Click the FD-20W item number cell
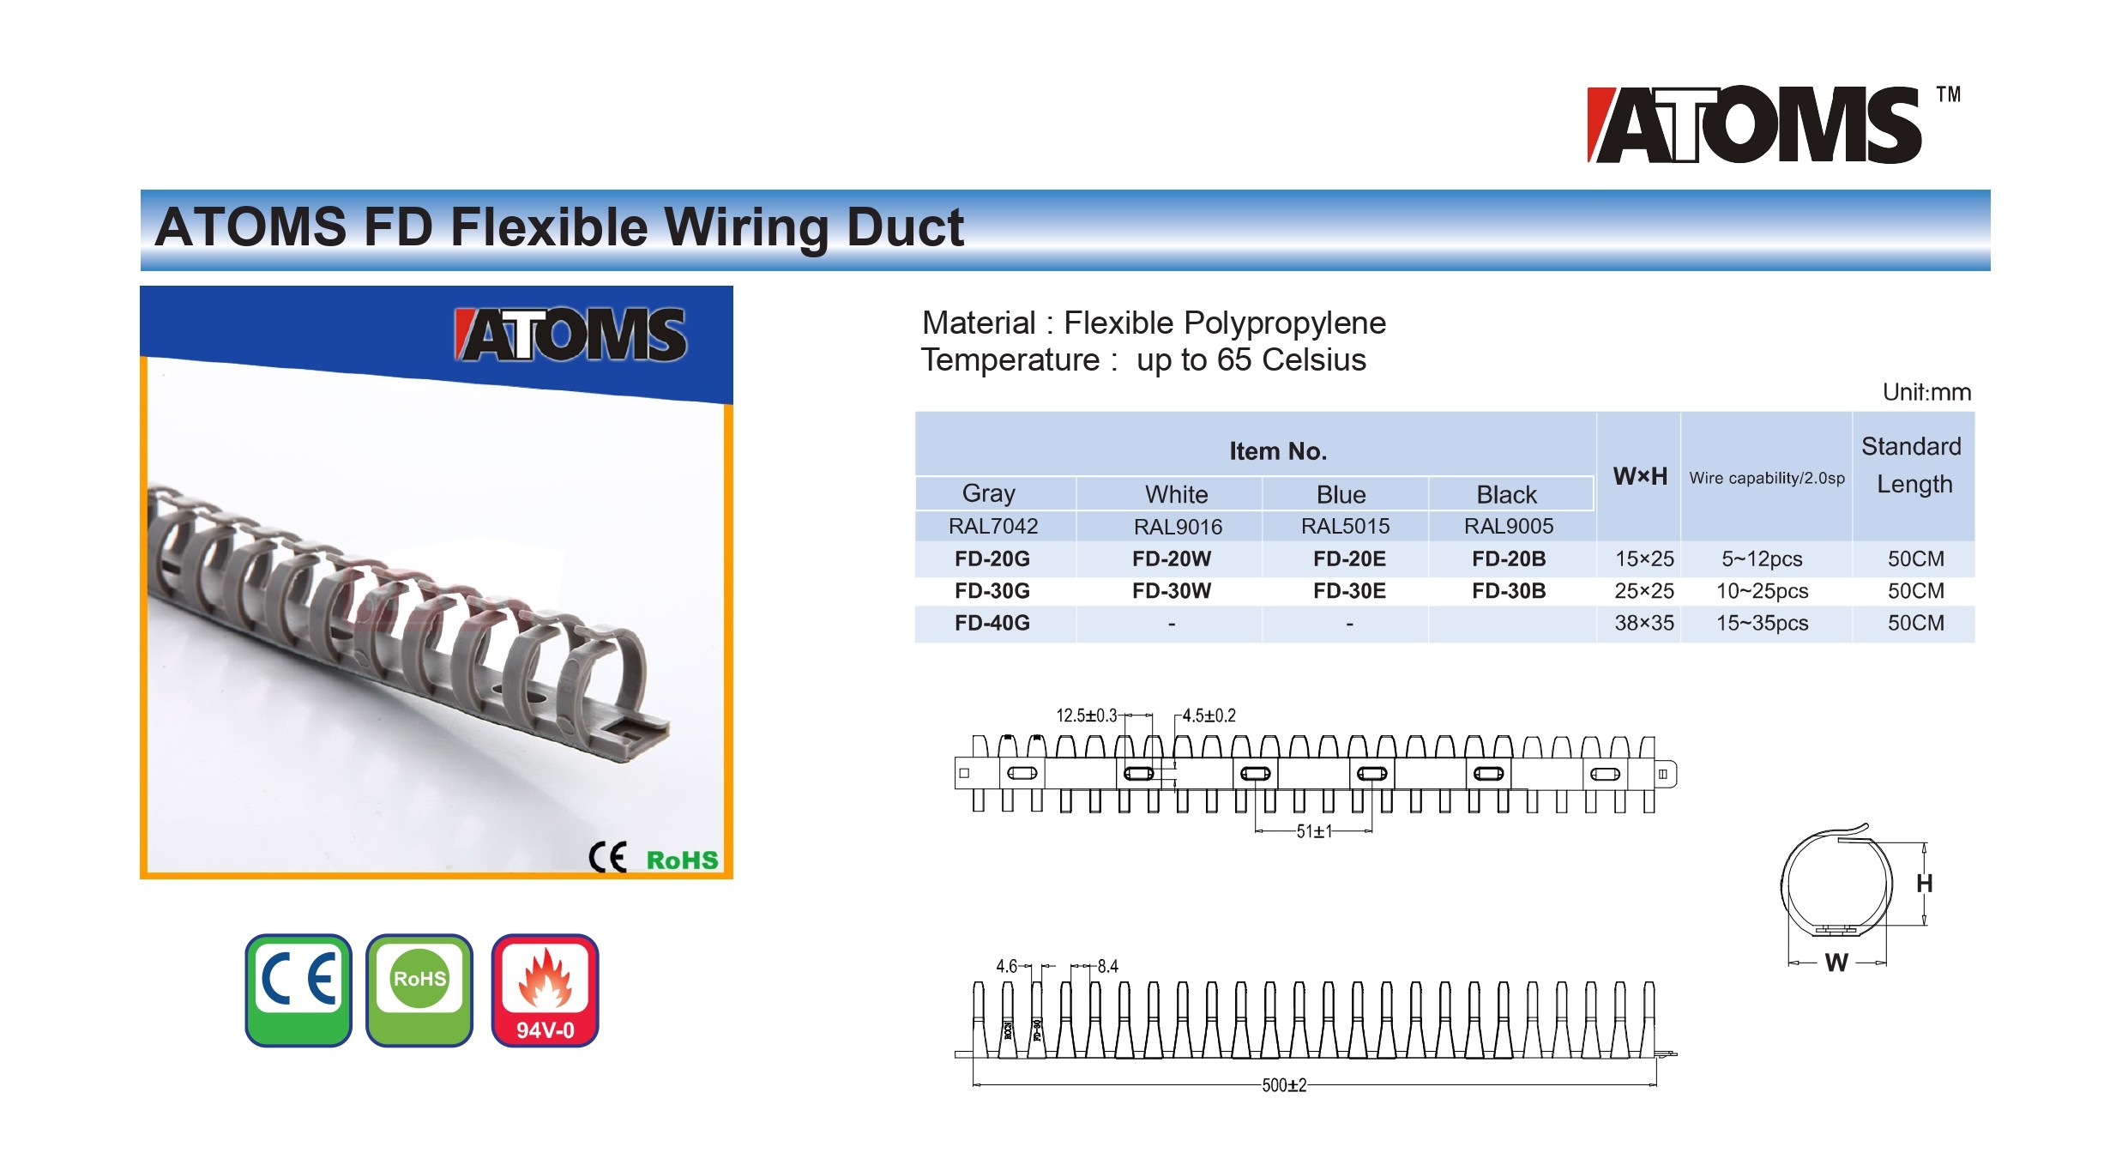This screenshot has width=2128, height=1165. click(x=1171, y=558)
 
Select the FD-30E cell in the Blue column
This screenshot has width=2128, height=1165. click(x=1349, y=590)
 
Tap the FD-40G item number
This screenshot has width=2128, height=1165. click(x=992, y=623)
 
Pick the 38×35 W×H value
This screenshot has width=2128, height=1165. click(x=1644, y=623)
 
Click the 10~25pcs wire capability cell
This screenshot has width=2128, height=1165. click(x=1762, y=591)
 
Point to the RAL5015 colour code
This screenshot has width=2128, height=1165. click(x=1345, y=526)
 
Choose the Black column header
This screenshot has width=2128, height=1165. click(x=1506, y=494)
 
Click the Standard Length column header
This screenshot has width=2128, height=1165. click(x=1913, y=465)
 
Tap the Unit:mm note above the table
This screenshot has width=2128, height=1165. click(x=1926, y=392)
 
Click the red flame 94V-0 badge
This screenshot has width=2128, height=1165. click(x=545, y=990)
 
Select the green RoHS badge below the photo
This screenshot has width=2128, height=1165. click(x=419, y=990)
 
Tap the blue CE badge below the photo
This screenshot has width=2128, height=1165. click(x=298, y=990)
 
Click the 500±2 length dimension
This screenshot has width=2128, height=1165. click(x=1284, y=1085)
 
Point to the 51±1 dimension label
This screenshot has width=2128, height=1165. click(x=1314, y=831)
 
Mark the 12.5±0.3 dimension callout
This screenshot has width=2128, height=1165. click(x=1086, y=715)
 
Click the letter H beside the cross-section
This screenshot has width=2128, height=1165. click(x=1925, y=884)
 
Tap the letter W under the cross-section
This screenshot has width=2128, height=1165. click(x=1836, y=963)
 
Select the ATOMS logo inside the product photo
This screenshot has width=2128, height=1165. click(x=570, y=335)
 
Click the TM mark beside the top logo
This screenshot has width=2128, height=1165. click(x=1949, y=94)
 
